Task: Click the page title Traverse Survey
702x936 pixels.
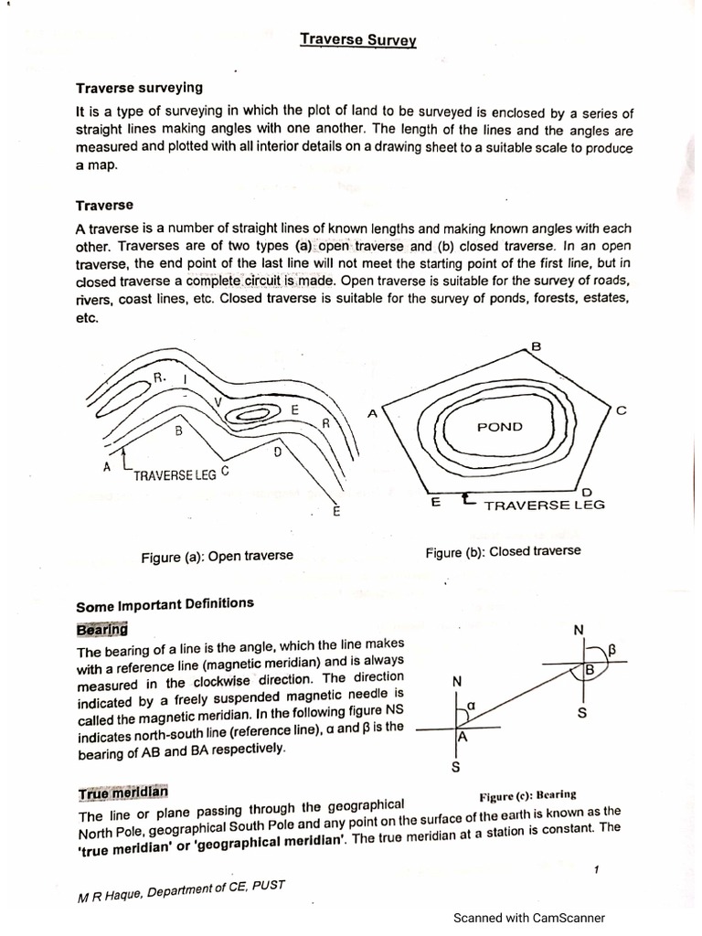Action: click(358, 40)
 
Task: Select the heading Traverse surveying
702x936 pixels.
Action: click(139, 88)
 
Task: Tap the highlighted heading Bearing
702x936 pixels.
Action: click(102, 630)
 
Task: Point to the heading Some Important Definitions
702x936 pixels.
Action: click(165, 604)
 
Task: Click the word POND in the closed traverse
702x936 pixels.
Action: click(500, 427)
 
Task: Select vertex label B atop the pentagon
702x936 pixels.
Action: click(537, 346)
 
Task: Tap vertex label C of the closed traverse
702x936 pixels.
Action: click(622, 411)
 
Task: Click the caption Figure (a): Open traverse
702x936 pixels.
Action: click(218, 555)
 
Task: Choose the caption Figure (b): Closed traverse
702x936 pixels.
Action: click(503, 551)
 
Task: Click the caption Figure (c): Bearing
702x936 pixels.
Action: click(527, 794)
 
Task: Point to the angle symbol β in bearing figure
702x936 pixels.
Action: click(613, 649)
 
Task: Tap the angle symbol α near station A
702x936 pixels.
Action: click(472, 706)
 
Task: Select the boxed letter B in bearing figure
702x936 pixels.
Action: click(590, 671)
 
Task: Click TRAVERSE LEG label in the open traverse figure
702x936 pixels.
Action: click(175, 475)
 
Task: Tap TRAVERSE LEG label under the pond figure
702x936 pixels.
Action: click(544, 505)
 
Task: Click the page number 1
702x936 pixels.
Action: click(595, 869)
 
